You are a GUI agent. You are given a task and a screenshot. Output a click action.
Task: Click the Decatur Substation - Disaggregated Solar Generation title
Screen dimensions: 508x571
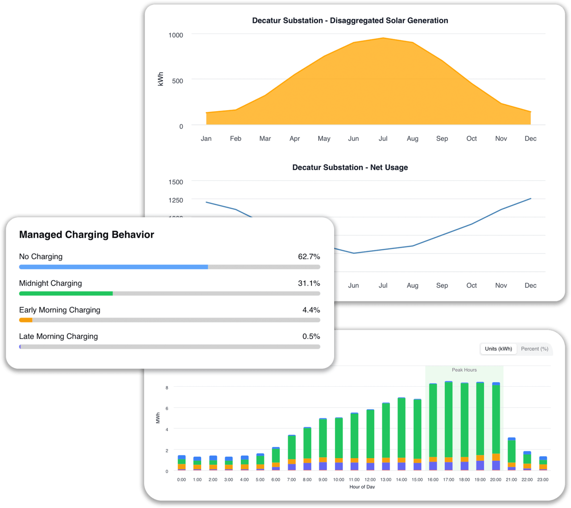(350, 21)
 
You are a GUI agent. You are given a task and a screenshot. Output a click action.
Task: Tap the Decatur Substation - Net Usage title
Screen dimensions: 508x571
(350, 167)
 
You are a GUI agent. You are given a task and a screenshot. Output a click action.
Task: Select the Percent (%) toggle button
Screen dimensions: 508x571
(534, 349)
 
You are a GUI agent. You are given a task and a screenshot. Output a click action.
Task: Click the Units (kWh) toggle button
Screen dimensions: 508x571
(498, 349)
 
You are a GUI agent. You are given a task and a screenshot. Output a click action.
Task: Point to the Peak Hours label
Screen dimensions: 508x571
(464, 370)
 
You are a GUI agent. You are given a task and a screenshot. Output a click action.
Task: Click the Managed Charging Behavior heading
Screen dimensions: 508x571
(87, 235)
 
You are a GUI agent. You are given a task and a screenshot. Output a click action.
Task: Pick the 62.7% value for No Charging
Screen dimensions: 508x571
(309, 256)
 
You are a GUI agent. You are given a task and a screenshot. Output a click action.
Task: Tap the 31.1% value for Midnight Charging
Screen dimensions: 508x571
(309, 283)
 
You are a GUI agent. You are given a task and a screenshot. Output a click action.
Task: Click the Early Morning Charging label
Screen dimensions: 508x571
(60, 310)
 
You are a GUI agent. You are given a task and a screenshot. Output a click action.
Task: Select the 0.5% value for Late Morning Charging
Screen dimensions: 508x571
(311, 336)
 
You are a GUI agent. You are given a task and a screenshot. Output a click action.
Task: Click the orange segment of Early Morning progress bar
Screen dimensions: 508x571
(26, 320)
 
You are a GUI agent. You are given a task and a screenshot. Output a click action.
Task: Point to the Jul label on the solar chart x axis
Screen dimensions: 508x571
(383, 139)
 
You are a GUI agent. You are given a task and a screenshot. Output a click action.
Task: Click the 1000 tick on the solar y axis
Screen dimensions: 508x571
(176, 35)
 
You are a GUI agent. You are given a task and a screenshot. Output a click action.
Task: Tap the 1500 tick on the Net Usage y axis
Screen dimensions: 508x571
(176, 182)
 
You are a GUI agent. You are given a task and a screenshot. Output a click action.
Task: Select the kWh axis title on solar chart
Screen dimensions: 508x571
(161, 79)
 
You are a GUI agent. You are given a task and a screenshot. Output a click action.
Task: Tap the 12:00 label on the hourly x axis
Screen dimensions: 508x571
(370, 479)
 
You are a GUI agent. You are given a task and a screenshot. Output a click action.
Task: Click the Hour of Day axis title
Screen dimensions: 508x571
(362, 487)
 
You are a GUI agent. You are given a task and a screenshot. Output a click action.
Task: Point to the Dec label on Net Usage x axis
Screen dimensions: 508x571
(530, 285)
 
